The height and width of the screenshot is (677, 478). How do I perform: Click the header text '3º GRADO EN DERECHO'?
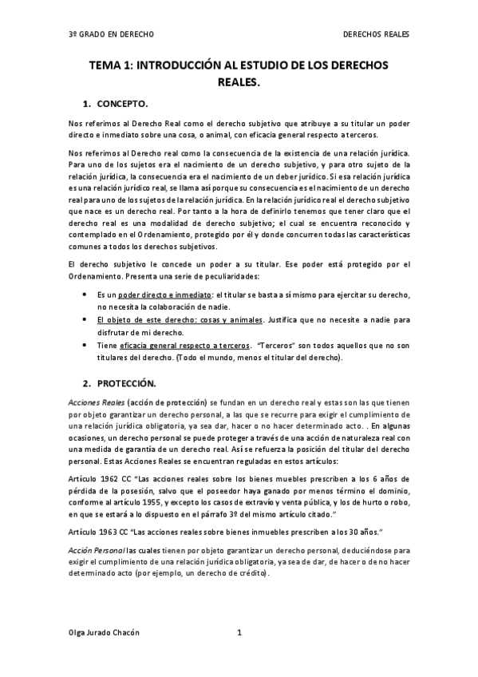111,35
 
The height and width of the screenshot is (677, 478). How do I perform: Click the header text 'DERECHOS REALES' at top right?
376,35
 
